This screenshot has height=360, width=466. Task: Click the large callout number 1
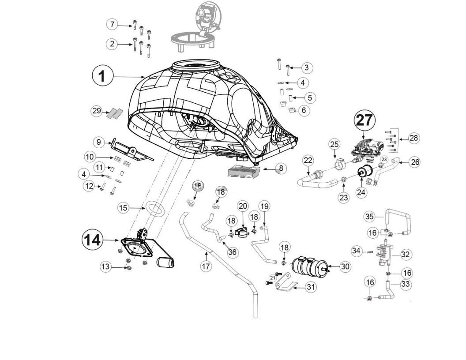(102, 76)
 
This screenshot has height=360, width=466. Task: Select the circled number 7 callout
(113, 24)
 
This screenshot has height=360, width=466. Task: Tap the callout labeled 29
(97, 111)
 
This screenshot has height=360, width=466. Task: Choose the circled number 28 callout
(413, 138)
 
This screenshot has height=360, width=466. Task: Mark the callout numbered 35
(369, 216)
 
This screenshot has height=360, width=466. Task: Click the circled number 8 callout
(280, 168)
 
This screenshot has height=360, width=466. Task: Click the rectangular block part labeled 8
(241, 172)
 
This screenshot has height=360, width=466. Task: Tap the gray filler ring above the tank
(192, 40)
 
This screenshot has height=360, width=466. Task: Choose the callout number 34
(357, 251)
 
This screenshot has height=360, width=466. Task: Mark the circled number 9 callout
(99, 142)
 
